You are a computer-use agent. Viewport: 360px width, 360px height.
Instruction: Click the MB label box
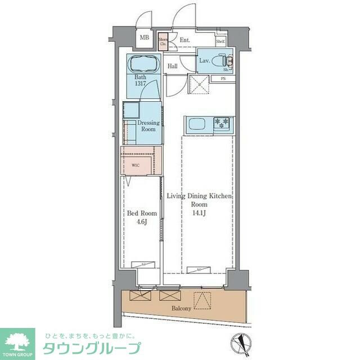coord(145,38)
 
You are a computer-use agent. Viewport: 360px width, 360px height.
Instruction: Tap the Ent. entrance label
coord(185,40)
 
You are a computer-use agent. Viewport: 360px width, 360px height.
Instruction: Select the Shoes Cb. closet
coord(163,41)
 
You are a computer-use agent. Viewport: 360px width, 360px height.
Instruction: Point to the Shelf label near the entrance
coord(220,41)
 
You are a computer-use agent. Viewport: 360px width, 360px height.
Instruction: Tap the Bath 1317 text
coord(140,80)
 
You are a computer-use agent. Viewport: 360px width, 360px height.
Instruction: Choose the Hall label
coord(173,66)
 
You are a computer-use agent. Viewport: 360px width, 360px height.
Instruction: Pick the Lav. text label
coord(204,60)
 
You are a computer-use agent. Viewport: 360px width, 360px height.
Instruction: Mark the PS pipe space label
coord(223,78)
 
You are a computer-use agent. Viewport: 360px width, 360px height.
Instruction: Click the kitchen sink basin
coord(196,124)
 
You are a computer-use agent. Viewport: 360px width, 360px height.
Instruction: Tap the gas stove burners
coord(222,122)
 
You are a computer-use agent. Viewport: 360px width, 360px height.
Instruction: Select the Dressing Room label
coord(148,126)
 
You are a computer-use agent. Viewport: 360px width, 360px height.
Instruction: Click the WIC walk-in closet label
coord(136,165)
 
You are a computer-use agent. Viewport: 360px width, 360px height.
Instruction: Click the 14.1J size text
coord(200,213)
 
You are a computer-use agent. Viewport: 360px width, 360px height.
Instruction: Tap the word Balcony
coord(181,309)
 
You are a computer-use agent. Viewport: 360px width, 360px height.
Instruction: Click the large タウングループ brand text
coord(92,347)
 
